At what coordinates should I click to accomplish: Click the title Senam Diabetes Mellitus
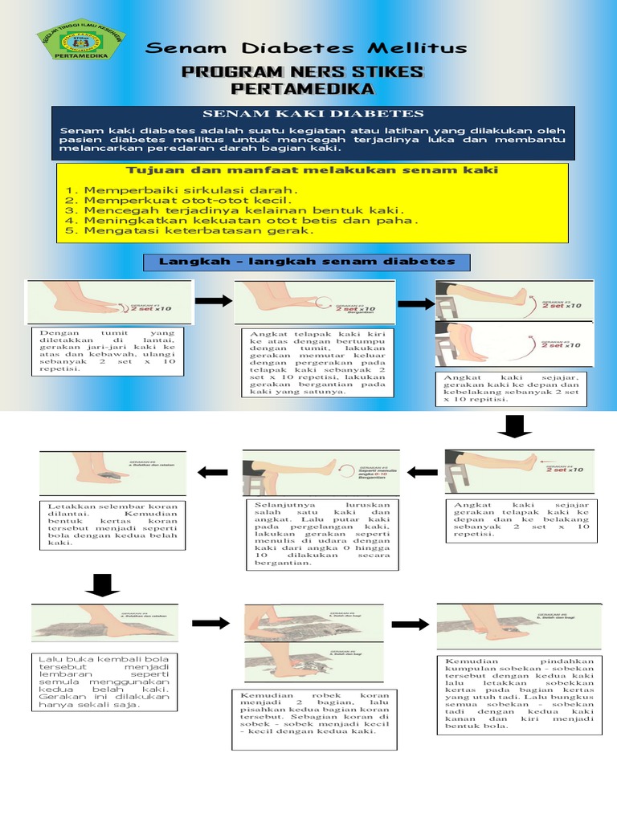click(x=305, y=48)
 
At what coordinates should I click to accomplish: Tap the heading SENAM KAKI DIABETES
click(x=313, y=114)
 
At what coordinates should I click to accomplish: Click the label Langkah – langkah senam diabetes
click(x=306, y=262)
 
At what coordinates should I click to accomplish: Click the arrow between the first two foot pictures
click(x=213, y=301)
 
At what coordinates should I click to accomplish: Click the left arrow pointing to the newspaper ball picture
click(x=212, y=472)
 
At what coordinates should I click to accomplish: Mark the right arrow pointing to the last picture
click(x=410, y=624)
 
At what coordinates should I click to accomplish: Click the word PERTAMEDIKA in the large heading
click(x=302, y=88)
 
